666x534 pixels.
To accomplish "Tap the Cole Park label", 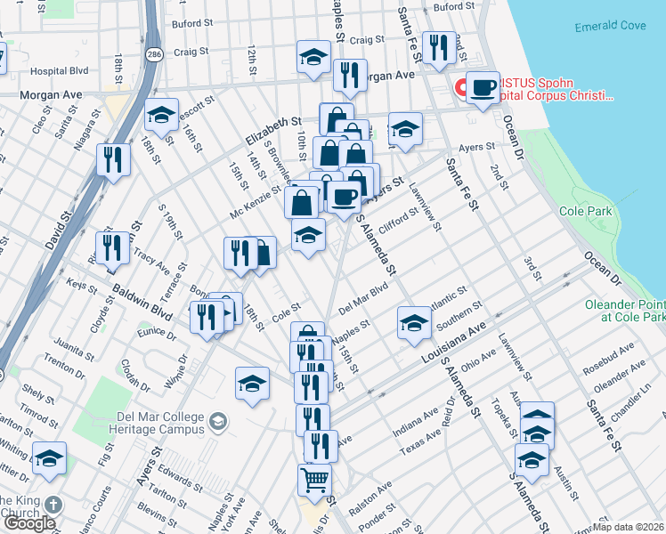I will [x=585, y=212].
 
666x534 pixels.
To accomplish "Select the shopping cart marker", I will [x=315, y=481].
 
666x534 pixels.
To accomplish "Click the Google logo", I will [x=29, y=523].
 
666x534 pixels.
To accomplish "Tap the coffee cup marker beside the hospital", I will [x=483, y=88].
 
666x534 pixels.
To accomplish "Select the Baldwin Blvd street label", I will [x=142, y=302].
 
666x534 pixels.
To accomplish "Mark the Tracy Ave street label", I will [x=151, y=261].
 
